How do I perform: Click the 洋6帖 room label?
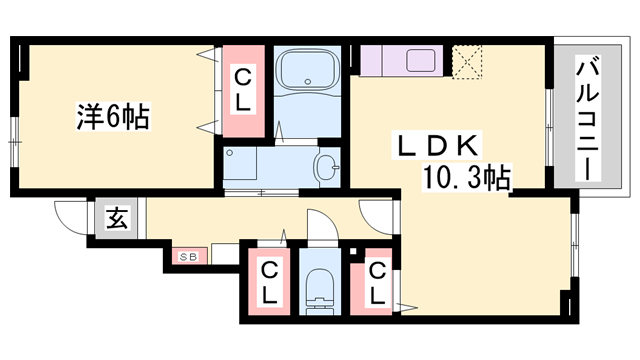[113, 117]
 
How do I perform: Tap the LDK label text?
[436, 145]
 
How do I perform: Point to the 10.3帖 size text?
[467, 177]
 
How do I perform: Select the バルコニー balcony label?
[587, 118]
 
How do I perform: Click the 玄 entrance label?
[117, 218]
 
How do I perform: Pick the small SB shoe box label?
[189, 257]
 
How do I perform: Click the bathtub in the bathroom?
[307, 70]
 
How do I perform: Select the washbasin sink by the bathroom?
[327, 167]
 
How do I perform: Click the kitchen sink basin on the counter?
[420, 61]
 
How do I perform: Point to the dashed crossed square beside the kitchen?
[467, 61]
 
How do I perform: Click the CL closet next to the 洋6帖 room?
[243, 91]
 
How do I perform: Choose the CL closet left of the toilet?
[269, 282]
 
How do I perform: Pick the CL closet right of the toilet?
[372, 282]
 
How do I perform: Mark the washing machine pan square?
[240, 163]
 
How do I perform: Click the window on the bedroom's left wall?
[15, 142]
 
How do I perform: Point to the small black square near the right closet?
[353, 252]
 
